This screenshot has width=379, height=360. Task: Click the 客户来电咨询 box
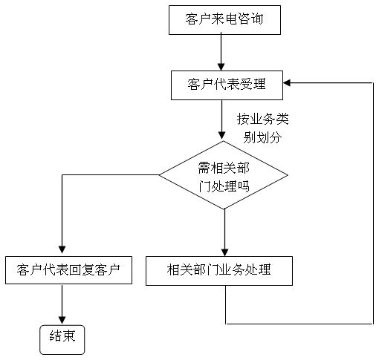(224, 20)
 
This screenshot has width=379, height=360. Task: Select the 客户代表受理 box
(227, 85)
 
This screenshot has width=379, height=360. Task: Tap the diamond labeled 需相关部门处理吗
(224, 175)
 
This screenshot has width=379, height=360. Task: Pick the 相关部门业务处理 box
(219, 271)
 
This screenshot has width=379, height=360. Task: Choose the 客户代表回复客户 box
(68, 270)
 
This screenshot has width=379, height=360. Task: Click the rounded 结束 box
(62, 340)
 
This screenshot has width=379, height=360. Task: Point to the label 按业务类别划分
(263, 128)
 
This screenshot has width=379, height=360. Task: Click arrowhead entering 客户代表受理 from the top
(221, 67)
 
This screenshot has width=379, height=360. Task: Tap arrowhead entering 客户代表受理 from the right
(287, 83)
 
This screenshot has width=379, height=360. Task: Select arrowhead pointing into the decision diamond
(221, 135)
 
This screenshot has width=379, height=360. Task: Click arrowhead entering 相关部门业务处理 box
(224, 252)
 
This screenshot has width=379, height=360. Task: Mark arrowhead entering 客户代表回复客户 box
(62, 249)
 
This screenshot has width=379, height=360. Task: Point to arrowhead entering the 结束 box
(62, 320)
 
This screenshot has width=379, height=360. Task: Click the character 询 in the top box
(256, 19)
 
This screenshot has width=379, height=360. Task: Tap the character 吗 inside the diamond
(243, 186)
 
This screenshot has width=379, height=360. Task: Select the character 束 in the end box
(69, 336)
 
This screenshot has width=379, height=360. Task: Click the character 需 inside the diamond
(204, 168)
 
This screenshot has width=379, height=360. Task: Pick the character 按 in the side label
(243, 119)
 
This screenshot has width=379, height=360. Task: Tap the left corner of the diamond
(159, 175)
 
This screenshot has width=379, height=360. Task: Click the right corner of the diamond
(288, 175)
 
